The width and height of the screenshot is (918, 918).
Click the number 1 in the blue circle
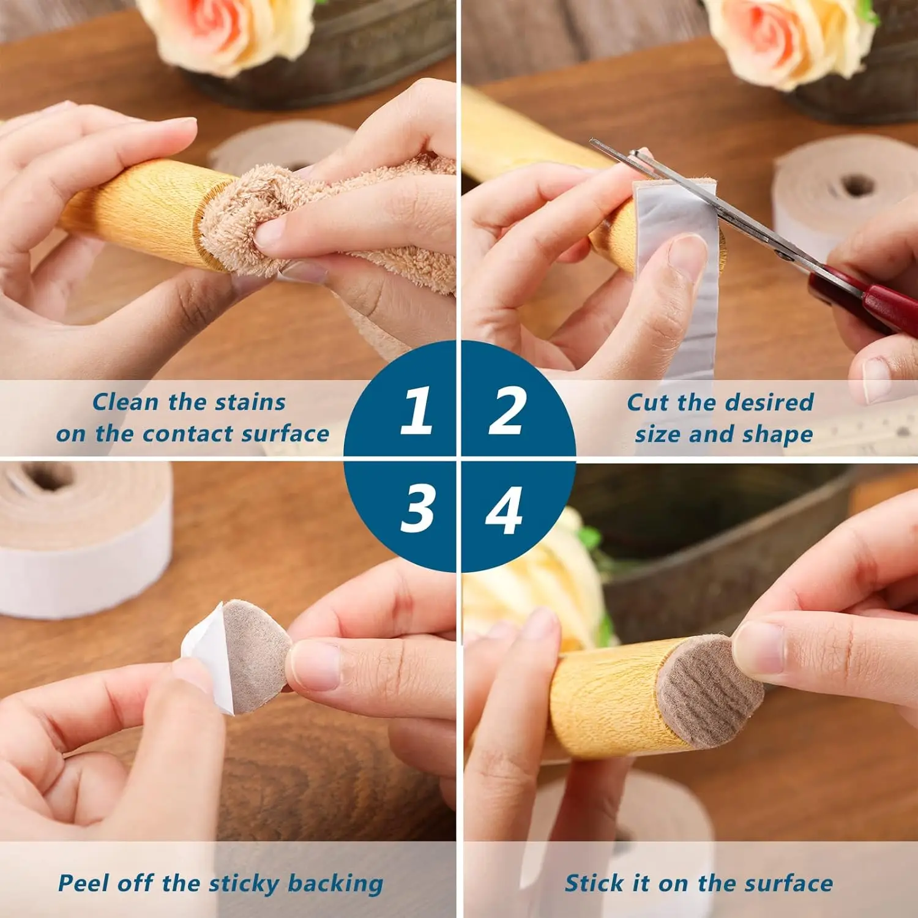tap(416, 411)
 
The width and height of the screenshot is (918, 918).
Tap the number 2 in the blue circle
tap(507, 411)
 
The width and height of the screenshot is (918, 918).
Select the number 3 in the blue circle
tap(417, 509)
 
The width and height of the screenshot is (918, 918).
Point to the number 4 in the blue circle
tap(504, 509)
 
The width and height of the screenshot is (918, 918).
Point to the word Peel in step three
tap(83, 883)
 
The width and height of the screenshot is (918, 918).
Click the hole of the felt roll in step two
tap(857, 185)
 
